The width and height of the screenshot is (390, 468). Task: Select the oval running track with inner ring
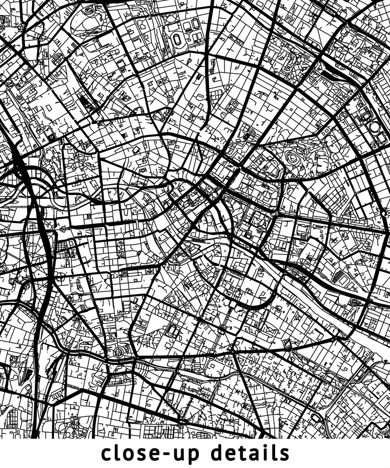177,40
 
